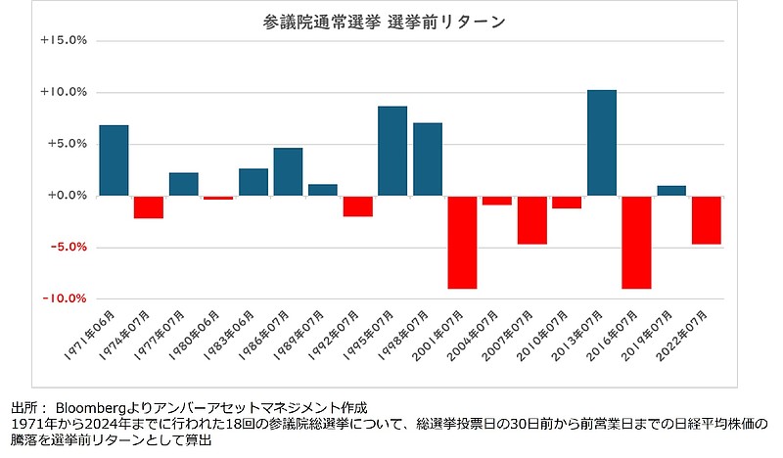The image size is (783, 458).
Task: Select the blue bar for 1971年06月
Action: pyautogui.click(x=114, y=160)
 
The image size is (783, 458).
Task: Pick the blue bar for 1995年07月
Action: pyautogui.click(x=392, y=151)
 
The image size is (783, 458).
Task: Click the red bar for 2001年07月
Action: pyautogui.click(x=462, y=242)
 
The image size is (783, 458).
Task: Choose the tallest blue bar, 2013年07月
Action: pyautogui.click(x=602, y=142)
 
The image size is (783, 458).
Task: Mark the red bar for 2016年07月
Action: pyautogui.click(x=636, y=242)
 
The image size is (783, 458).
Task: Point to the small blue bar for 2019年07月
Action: pyautogui.click(x=671, y=190)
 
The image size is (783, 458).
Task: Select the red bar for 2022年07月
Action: pyautogui.click(x=706, y=219)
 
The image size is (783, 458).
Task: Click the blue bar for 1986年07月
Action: pyautogui.click(x=288, y=171)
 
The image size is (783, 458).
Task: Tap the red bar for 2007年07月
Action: pyautogui.click(x=531, y=219)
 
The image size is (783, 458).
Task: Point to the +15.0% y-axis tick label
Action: pyautogui.click(x=65, y=41)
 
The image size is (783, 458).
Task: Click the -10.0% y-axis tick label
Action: pyautogui.click(x=65, y=298)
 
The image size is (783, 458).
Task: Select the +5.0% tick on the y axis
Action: pyautogui.click(x=67, y=144)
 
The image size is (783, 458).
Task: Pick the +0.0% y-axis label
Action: pyautogui.click(x=67, y=196)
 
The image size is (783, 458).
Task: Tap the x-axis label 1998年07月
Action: pyautogui.click(x=415, y=333)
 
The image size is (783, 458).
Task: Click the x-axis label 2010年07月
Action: pyautogui.click(x=554, y=333)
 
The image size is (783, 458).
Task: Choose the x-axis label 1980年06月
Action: pyautogui.click(x=206, y=333)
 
